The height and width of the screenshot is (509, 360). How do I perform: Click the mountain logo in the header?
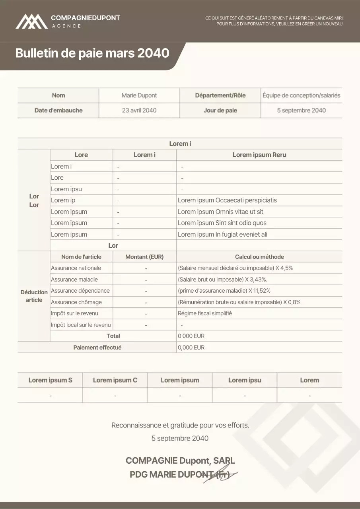31,21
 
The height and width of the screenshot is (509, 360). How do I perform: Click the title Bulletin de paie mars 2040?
92,53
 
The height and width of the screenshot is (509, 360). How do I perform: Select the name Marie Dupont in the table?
139,95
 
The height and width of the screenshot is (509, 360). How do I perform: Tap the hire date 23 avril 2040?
139,111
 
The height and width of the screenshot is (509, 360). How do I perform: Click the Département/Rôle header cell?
220,95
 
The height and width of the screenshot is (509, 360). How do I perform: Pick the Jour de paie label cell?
220,111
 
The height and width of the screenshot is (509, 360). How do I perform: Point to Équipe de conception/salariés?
301,95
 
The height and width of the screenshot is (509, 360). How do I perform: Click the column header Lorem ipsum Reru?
259,155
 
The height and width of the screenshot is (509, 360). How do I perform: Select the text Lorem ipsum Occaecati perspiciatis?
227,200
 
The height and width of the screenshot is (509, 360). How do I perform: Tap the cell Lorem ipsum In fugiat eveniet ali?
222,235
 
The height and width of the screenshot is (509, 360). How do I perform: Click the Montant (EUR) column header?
144,257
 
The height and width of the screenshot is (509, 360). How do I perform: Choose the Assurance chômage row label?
76,302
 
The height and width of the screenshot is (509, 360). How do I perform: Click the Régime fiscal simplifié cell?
205,313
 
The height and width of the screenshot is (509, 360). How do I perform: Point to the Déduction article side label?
34,296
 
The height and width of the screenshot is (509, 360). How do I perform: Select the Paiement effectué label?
97,348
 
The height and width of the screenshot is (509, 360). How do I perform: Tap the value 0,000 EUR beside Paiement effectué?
191,348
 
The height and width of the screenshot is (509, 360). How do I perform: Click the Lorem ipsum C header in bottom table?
115,380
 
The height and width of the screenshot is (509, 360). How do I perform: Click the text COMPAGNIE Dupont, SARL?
180,461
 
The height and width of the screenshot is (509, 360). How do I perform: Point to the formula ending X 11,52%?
224,291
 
